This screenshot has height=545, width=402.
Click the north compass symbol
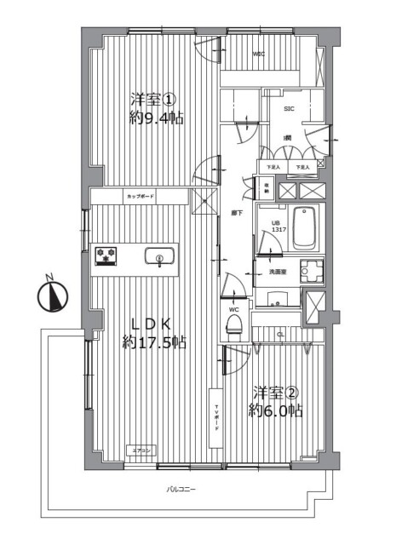pyautogui.click(x=53, y=295)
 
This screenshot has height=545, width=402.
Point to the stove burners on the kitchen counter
pyautogui.click(x=107, y=255)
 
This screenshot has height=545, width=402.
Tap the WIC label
pyautogui.click(x=258, y=54)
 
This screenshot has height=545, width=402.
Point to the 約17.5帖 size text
pyautogui.click(x=153, y=342)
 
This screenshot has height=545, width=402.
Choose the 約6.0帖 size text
pyautogui.click(x=273, y=410)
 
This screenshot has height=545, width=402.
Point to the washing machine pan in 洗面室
pyautogui.click(x=315, y=271)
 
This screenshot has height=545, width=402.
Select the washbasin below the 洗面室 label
pyautogui.click(x=276, y=300)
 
